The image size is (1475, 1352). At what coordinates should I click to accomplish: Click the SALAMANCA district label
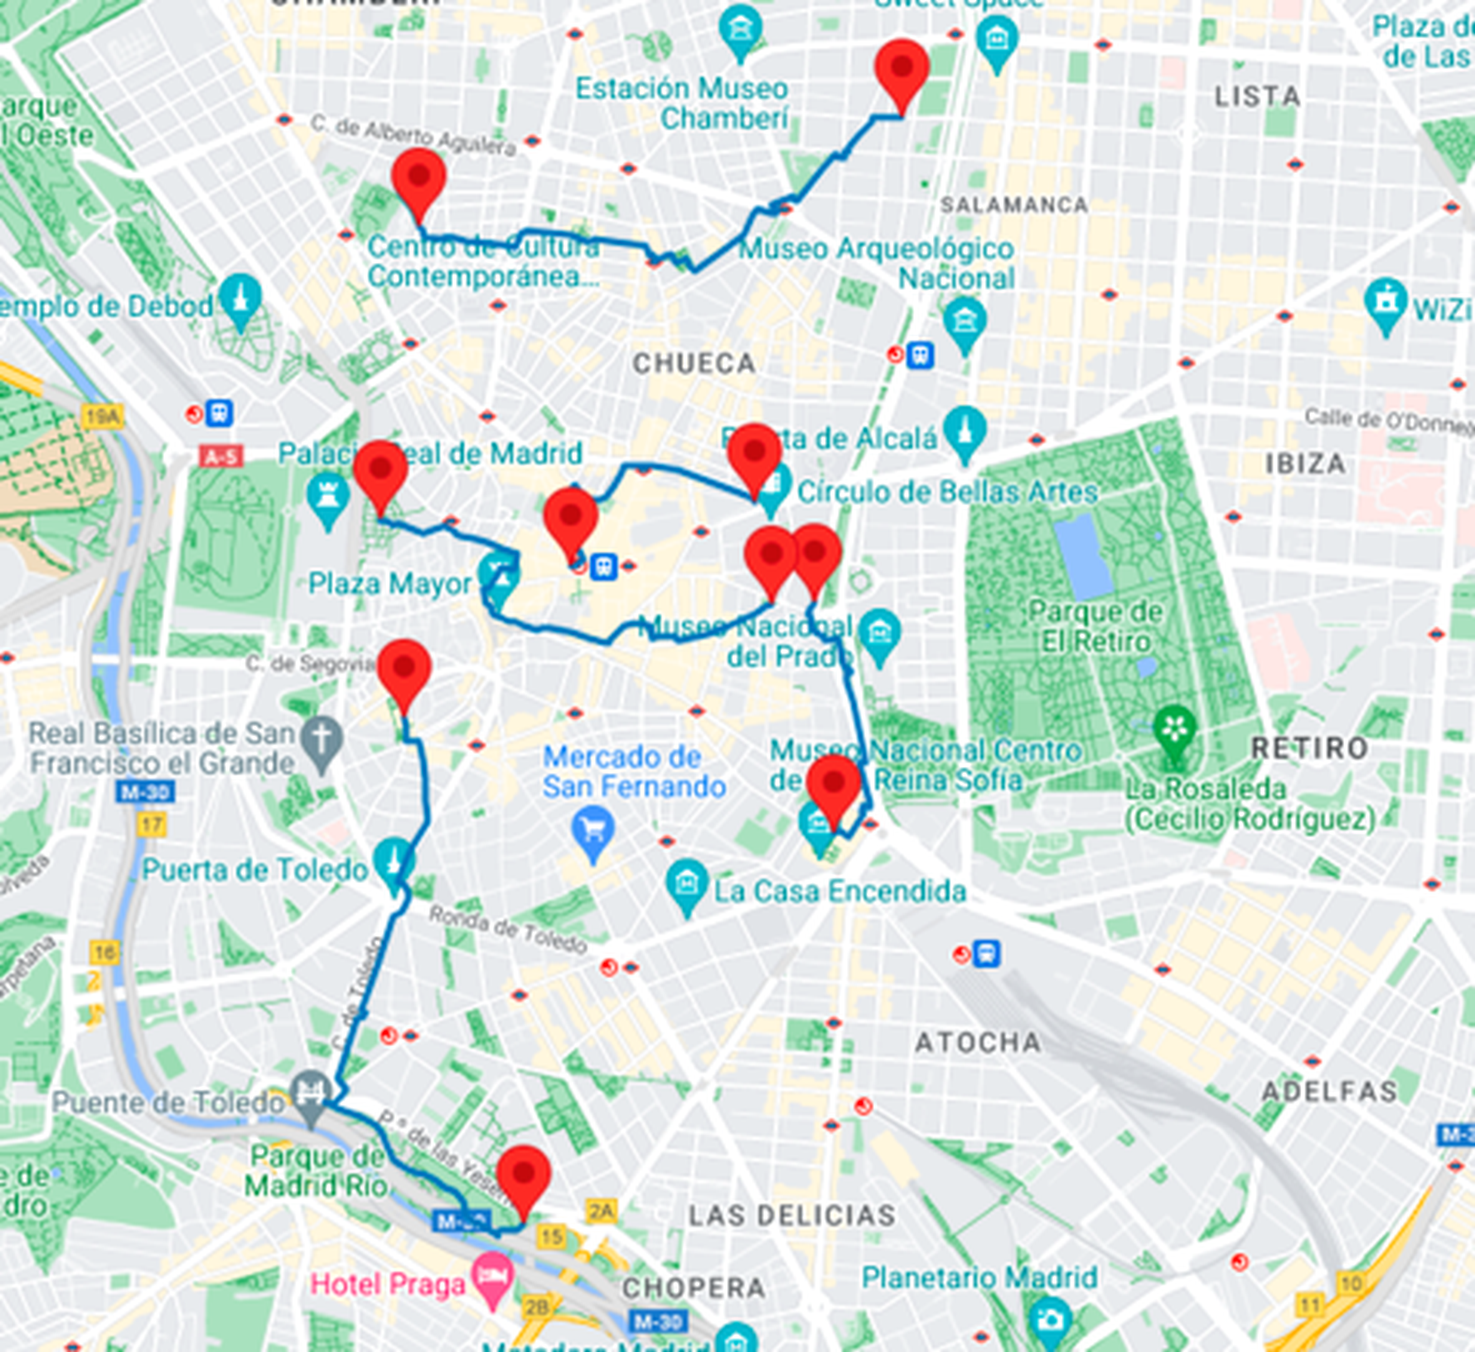click(x=1013, y=205)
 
